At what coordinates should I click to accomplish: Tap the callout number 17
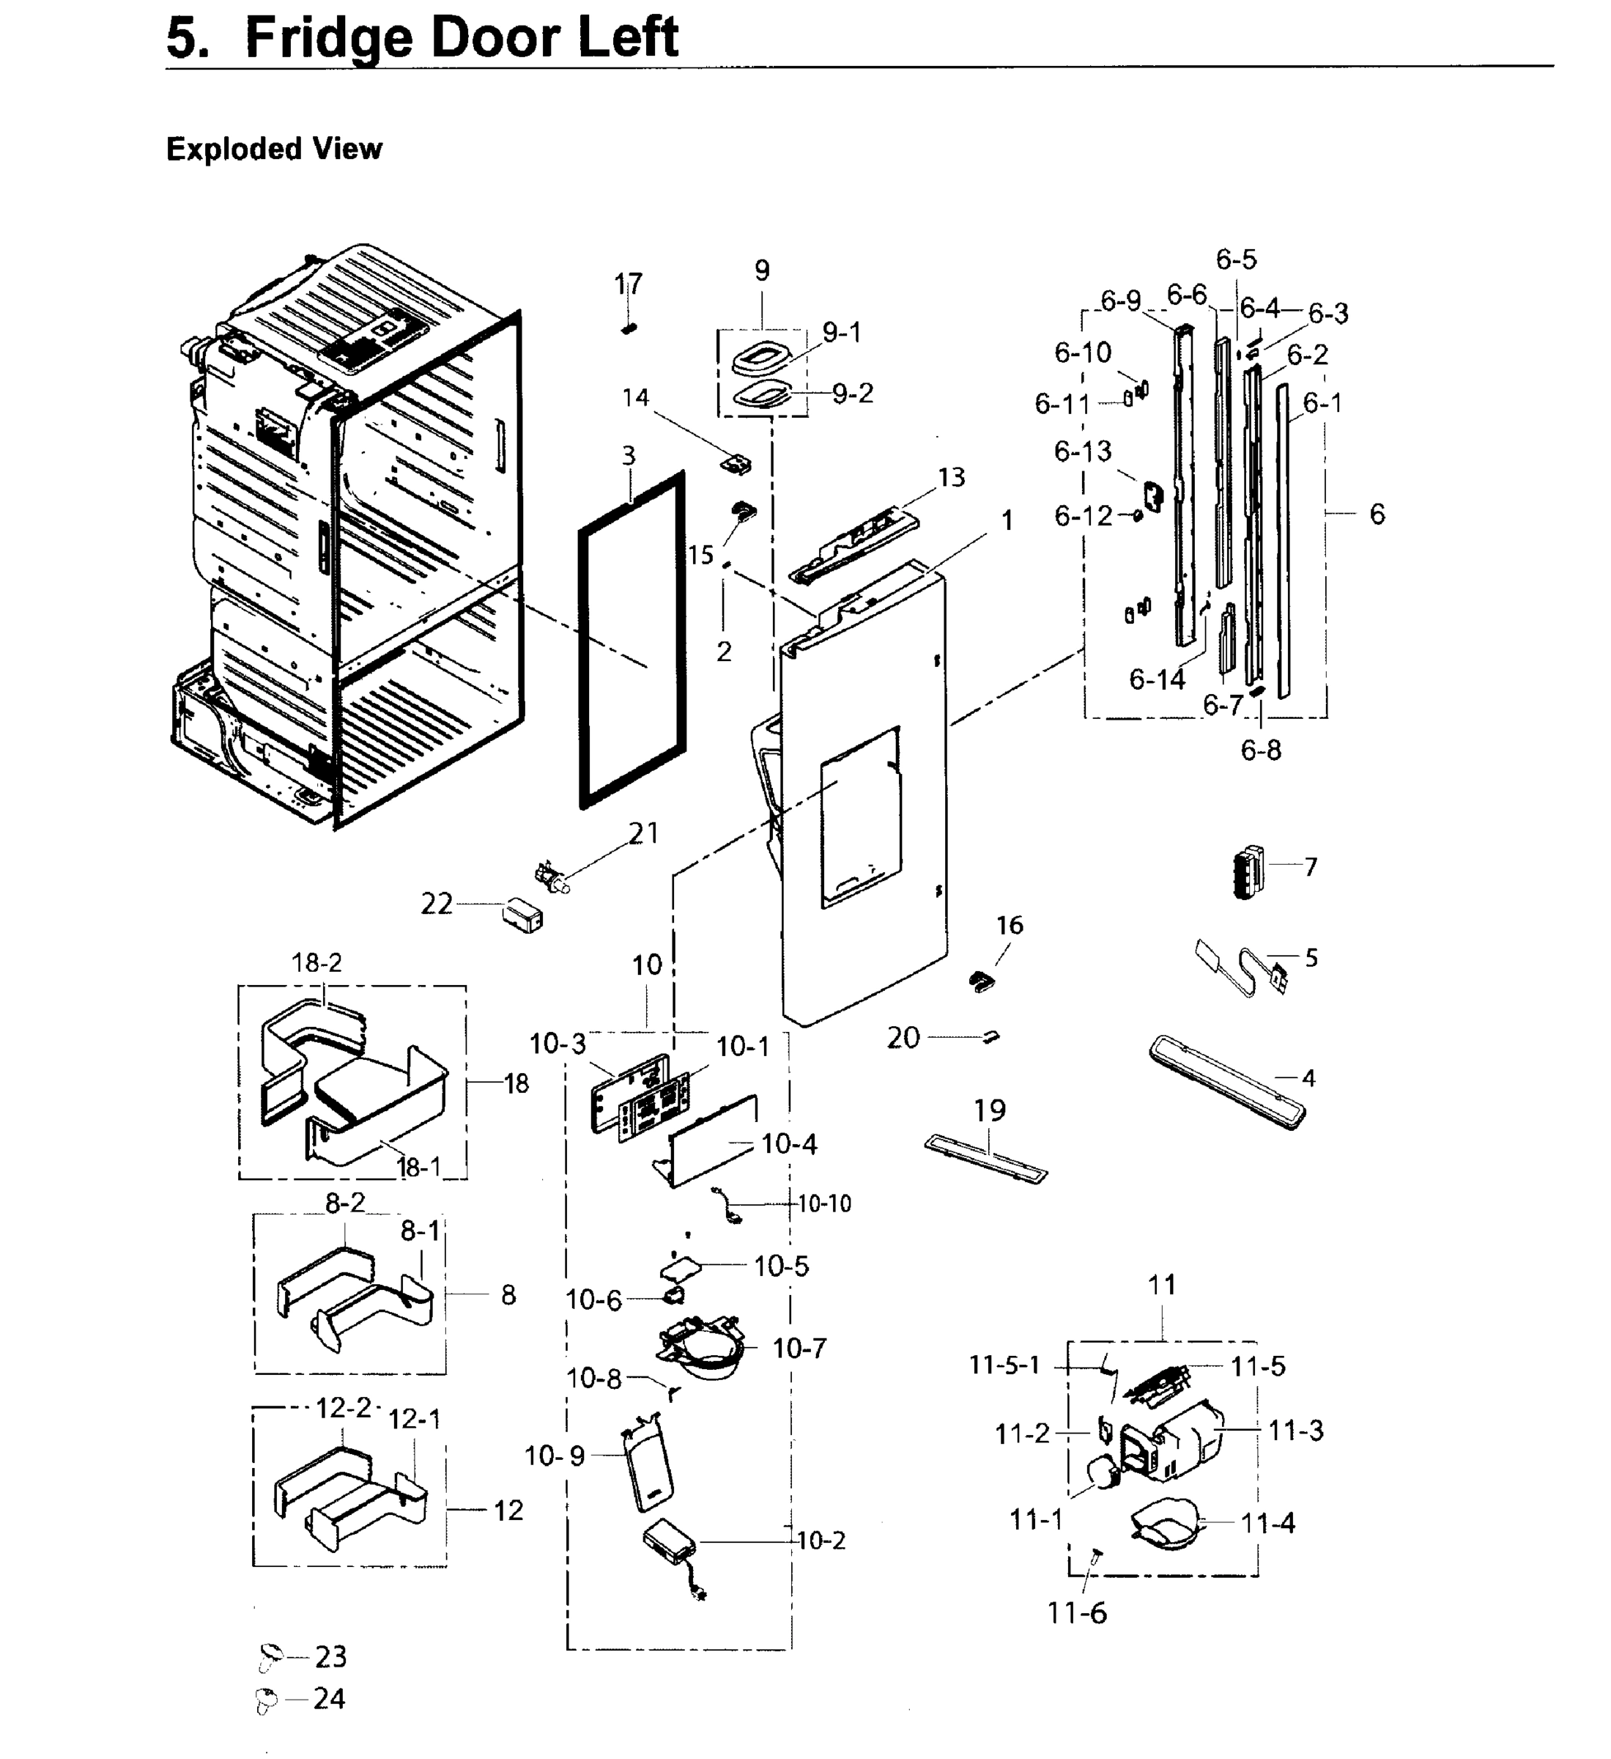pos(628,284)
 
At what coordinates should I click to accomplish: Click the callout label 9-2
pos(852,394)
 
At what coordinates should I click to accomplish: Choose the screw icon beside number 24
pos(267,1699)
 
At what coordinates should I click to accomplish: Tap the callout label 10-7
pos(799,1349)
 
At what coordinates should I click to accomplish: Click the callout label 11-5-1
pos(1005,1365)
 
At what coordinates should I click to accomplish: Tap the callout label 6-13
pos(1083,451)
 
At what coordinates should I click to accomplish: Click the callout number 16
pos(1010,926)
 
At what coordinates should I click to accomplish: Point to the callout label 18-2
pos(316,962)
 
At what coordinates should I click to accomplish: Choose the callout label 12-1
pos(415,1420)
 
